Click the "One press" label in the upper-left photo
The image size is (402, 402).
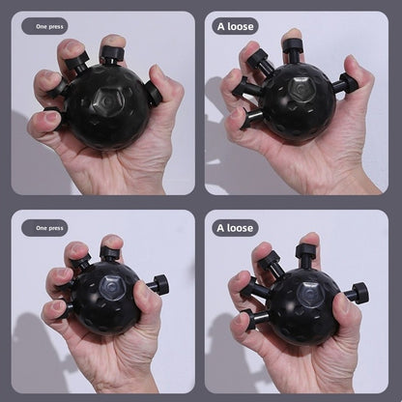49,27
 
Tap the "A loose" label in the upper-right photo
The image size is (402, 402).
236,26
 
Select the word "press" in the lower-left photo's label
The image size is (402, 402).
56,228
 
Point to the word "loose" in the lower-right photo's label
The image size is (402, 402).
240,228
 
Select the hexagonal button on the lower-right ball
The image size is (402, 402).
310,294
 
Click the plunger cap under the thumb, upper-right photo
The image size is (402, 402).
351,82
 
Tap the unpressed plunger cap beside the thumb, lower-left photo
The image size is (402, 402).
161,284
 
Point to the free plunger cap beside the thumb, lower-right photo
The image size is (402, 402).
360,293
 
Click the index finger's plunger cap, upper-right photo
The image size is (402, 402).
292,44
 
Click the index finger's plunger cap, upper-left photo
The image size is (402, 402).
110,51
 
